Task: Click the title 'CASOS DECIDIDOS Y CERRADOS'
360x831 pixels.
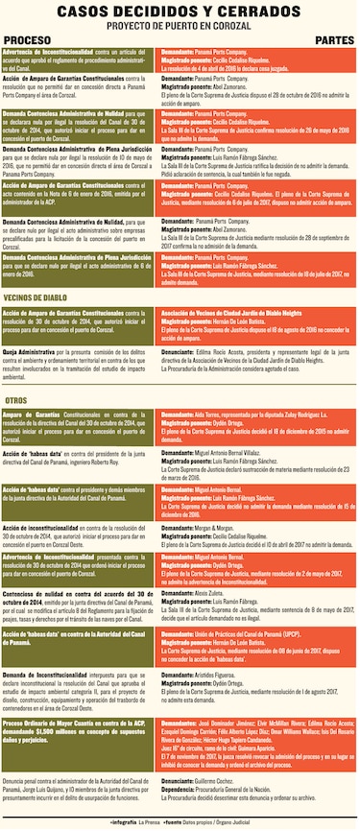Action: click(x=180, y=10)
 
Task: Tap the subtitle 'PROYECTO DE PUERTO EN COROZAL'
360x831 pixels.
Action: click(x=180, y=23)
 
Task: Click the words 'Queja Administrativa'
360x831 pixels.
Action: click(x=30, y=352)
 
